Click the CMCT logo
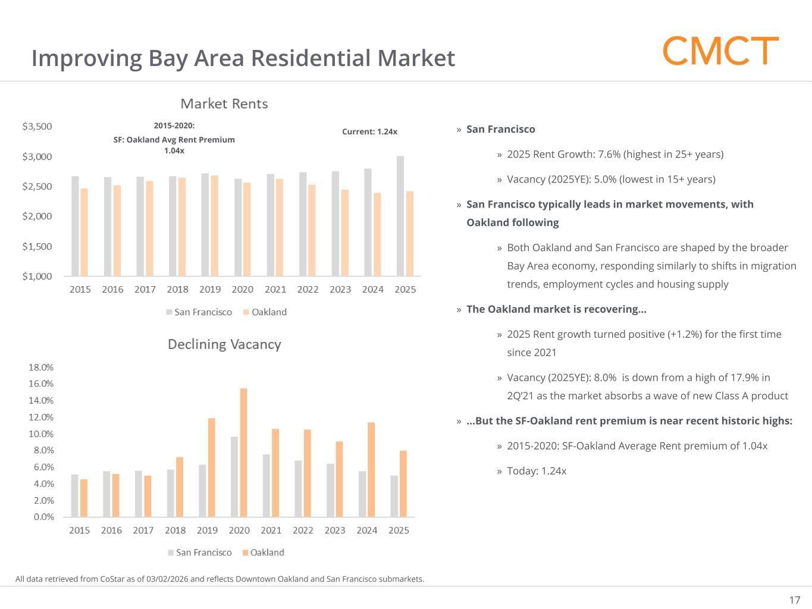point(720,51)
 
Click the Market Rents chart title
point(224,103)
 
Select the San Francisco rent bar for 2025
point(400,216)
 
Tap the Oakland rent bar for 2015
point(84,232)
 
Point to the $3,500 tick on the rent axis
point(37,126)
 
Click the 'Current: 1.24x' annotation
point(369,131)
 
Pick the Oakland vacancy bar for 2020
point(243,452)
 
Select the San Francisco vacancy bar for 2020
point(234,476)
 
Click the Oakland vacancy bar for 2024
point(371,469)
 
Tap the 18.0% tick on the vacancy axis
point(41,367)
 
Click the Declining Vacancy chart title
point(224,344)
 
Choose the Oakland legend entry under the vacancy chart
point(263,553)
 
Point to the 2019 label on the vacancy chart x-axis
point(207,530)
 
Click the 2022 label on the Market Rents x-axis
point(308,289)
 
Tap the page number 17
point(794,599)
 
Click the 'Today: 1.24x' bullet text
point(537,471)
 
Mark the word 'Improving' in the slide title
point(86,58)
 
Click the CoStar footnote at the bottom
point(220,579)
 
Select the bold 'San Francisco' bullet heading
point(500,129)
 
